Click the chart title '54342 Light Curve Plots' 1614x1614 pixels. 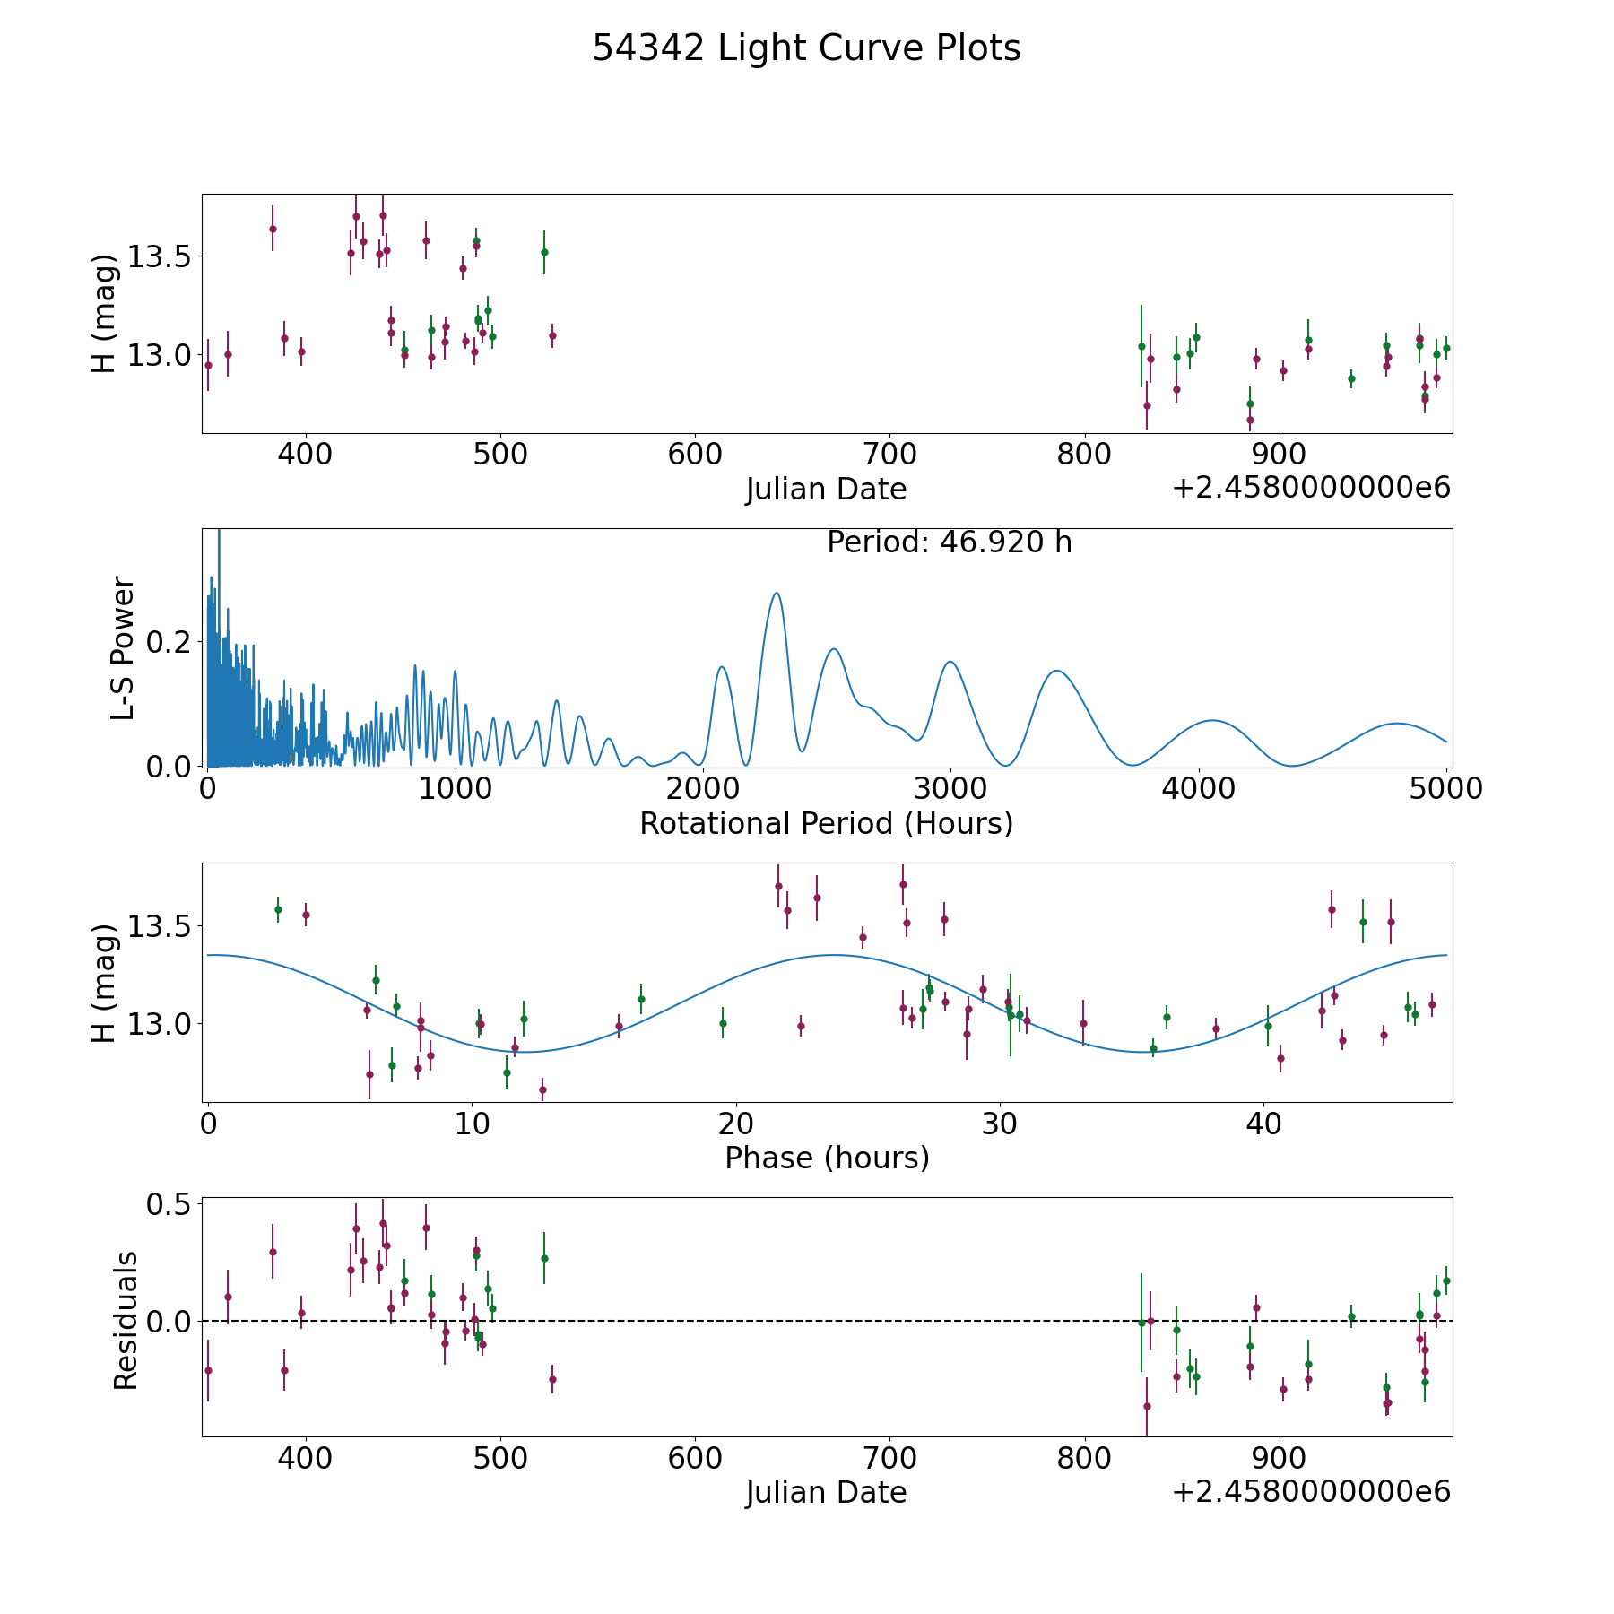(806, 48)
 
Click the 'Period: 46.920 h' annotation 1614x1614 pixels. (950, 542)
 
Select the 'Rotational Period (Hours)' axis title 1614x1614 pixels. (826, 823)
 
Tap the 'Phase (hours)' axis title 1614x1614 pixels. (827, 1158)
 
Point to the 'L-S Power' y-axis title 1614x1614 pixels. (124, 648)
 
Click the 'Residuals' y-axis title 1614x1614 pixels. (126, 1320)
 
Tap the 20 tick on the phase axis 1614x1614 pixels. (735, 1124)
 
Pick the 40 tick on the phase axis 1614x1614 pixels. (1263, 1124)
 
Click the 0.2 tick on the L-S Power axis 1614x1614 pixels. (169, 642)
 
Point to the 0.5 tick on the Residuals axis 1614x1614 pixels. (169, 1204)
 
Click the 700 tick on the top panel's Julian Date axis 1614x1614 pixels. (889, 454)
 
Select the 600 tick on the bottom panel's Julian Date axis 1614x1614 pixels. (695, 1458)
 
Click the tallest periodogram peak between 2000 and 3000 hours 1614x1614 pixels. (777, 593)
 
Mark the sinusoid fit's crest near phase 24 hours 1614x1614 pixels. (834, 955)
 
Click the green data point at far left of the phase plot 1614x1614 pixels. (278, 909)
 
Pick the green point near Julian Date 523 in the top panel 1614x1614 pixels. (544, 252)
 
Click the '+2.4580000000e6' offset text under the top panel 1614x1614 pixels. (1311, 488)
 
